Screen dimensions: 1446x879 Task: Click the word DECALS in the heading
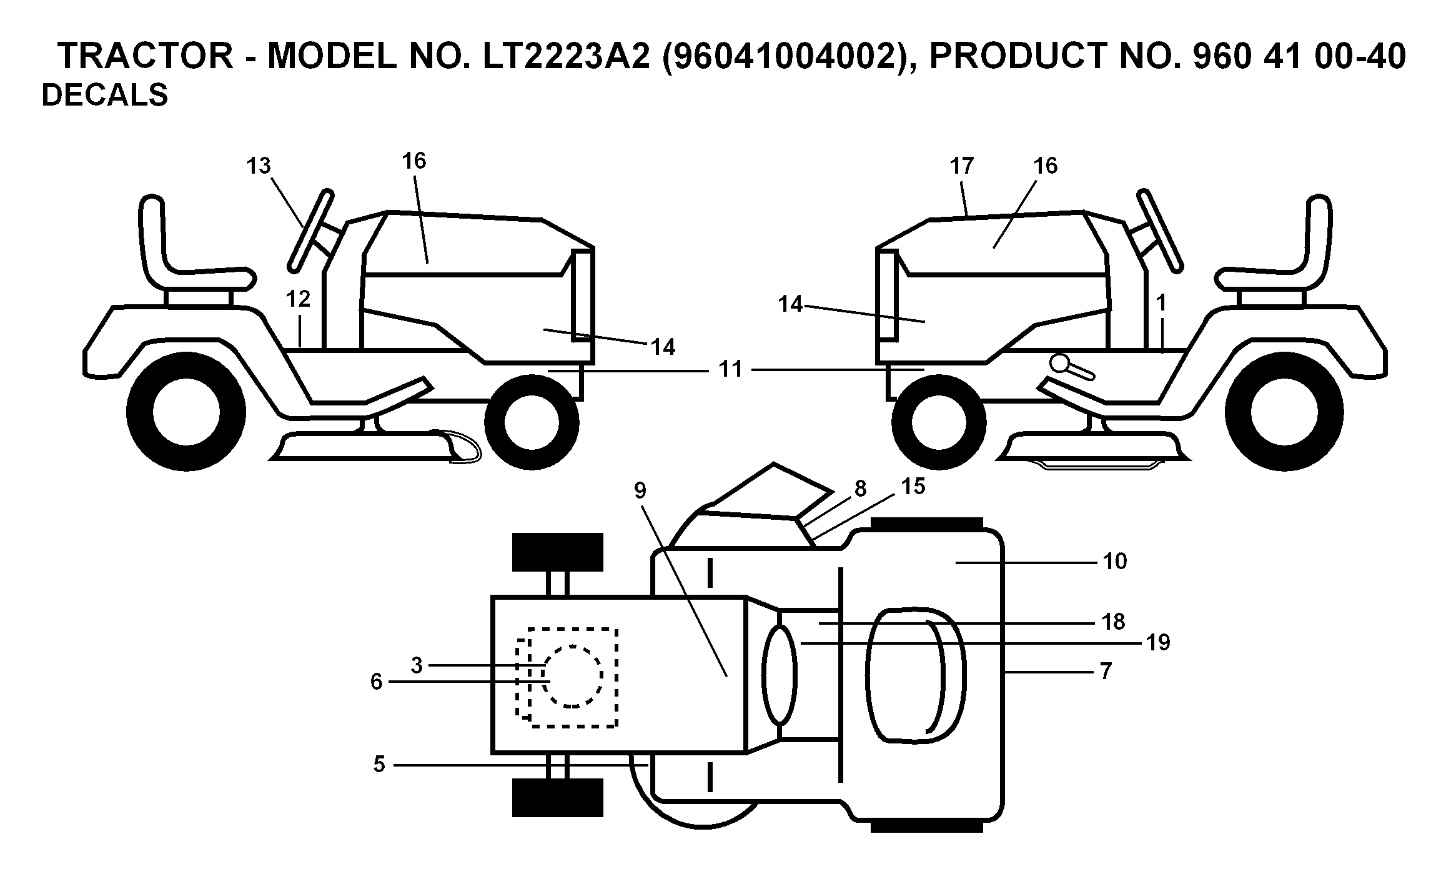pos(104,96)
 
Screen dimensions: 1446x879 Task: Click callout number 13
pos(259,166)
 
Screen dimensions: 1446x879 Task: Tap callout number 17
pos(962,166)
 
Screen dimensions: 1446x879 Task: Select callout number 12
pos(298,299)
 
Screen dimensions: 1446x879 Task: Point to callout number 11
pos(731,369)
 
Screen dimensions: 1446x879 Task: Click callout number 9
pos(640,491)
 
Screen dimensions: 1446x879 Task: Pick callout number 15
pos(913,486)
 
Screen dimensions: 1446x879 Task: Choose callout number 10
pos(1115,561)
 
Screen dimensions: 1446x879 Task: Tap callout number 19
pos(1158,642)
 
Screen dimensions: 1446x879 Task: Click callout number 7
pos(1106,672)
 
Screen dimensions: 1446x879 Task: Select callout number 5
pos(379,765)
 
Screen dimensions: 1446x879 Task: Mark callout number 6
pos(376,682)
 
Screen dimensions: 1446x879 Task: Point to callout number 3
pos(417,665)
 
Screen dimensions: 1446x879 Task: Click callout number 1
pos(1161,304)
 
